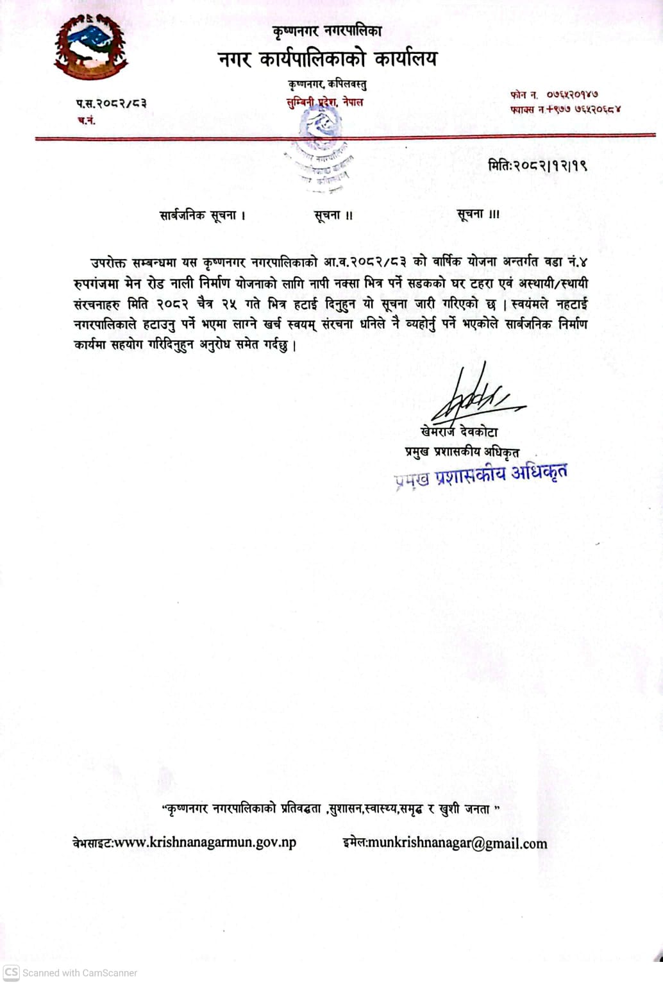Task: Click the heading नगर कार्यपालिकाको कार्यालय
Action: point(327,60)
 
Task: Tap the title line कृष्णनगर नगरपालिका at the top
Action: point(327,30)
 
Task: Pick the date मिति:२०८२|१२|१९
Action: point(537,165)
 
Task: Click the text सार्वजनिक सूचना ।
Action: point(203,215)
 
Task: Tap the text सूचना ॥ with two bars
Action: point(333,215)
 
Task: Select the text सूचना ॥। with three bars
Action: point(478,214)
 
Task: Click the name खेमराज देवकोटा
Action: point(459,432)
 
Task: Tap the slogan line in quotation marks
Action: point(331,809)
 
